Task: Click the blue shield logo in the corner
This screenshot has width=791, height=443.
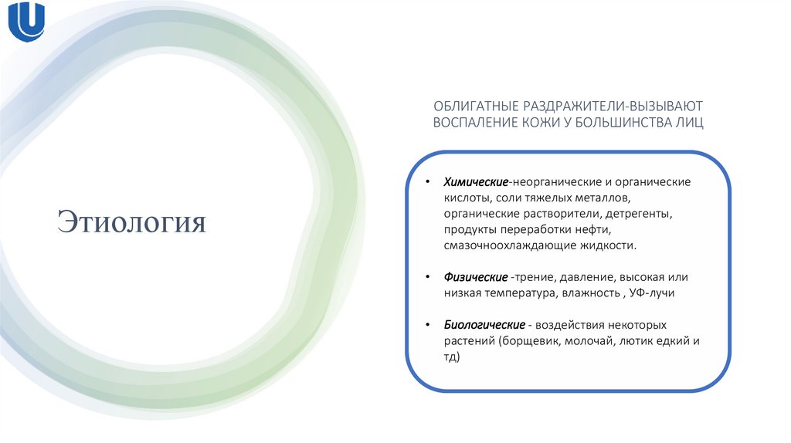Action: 26,23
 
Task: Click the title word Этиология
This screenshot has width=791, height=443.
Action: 132,221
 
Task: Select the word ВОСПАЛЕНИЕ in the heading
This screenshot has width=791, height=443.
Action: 470,123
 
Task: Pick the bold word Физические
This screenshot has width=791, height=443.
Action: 475,276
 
